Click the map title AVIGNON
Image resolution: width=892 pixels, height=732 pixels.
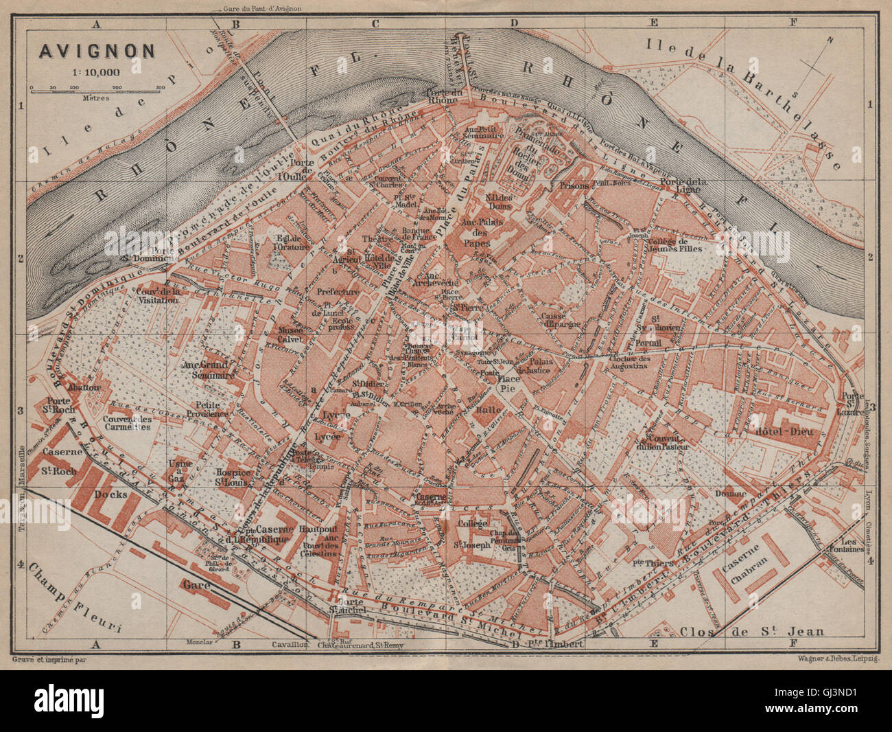[96, 51]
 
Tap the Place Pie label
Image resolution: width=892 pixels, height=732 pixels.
[508, 382]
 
